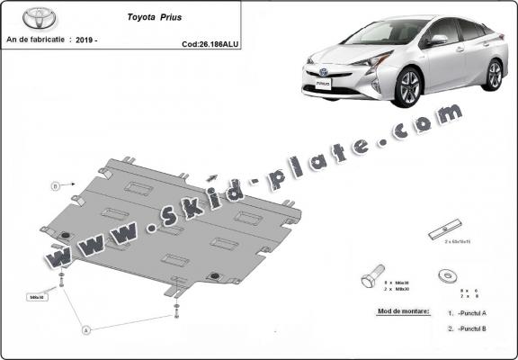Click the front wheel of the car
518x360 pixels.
coord(410,88)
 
